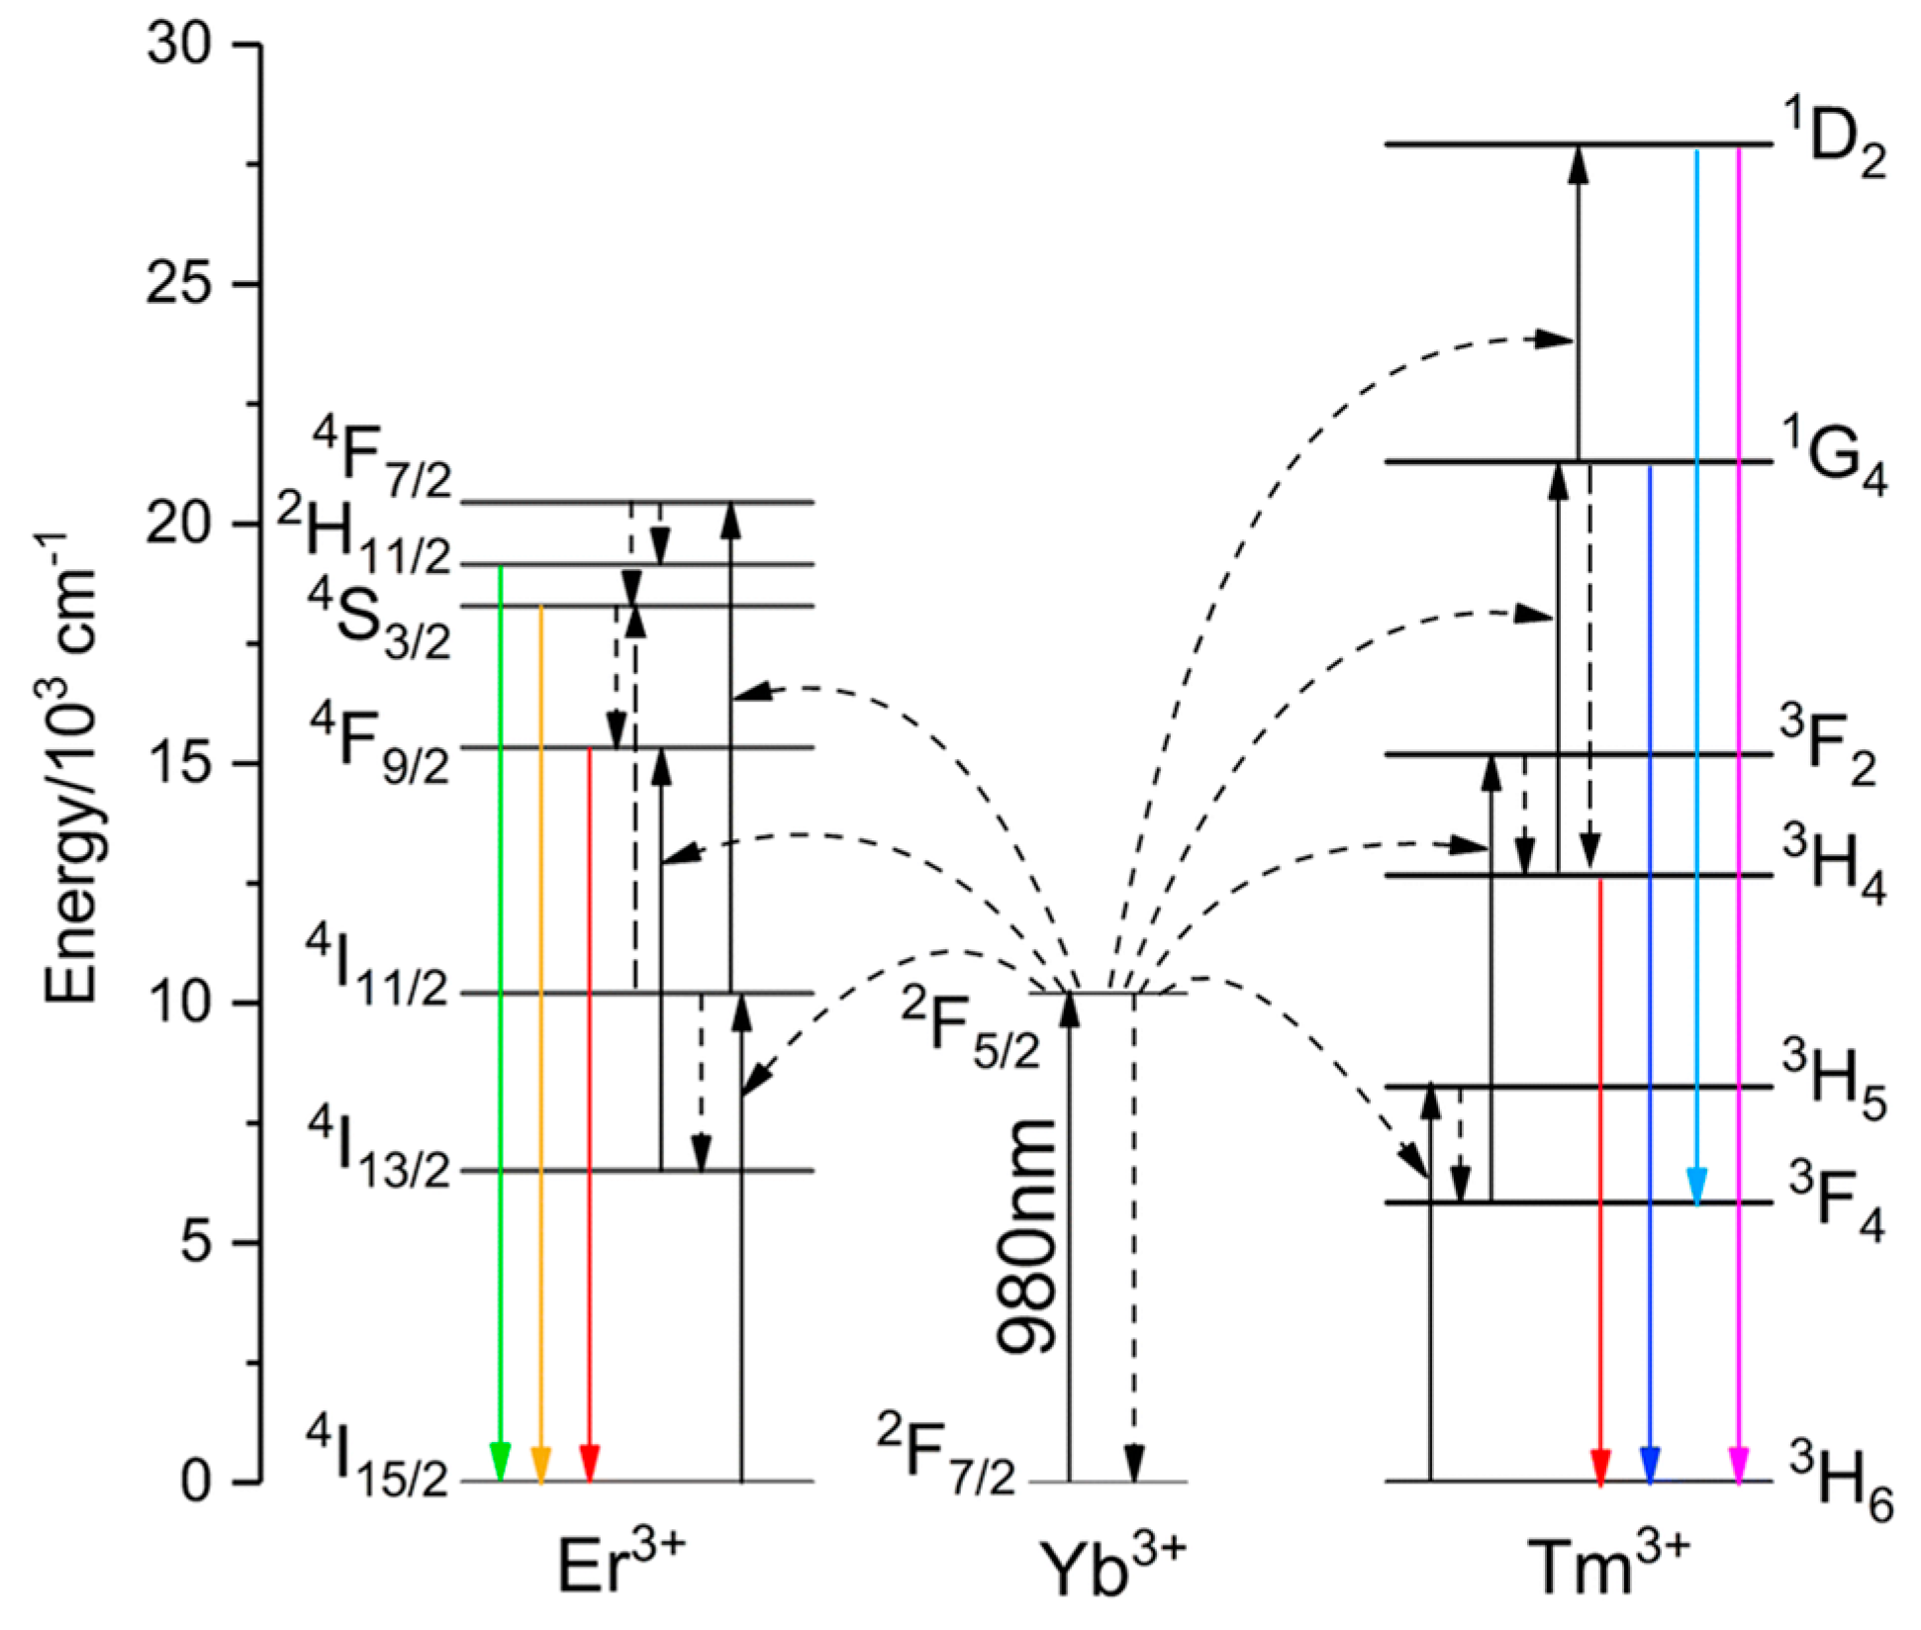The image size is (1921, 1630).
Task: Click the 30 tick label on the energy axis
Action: [180, 46]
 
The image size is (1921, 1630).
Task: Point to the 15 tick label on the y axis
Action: [180, 764]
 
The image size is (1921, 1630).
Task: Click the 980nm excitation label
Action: [1027, 1237]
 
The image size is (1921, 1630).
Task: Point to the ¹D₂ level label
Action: [1833, 146]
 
